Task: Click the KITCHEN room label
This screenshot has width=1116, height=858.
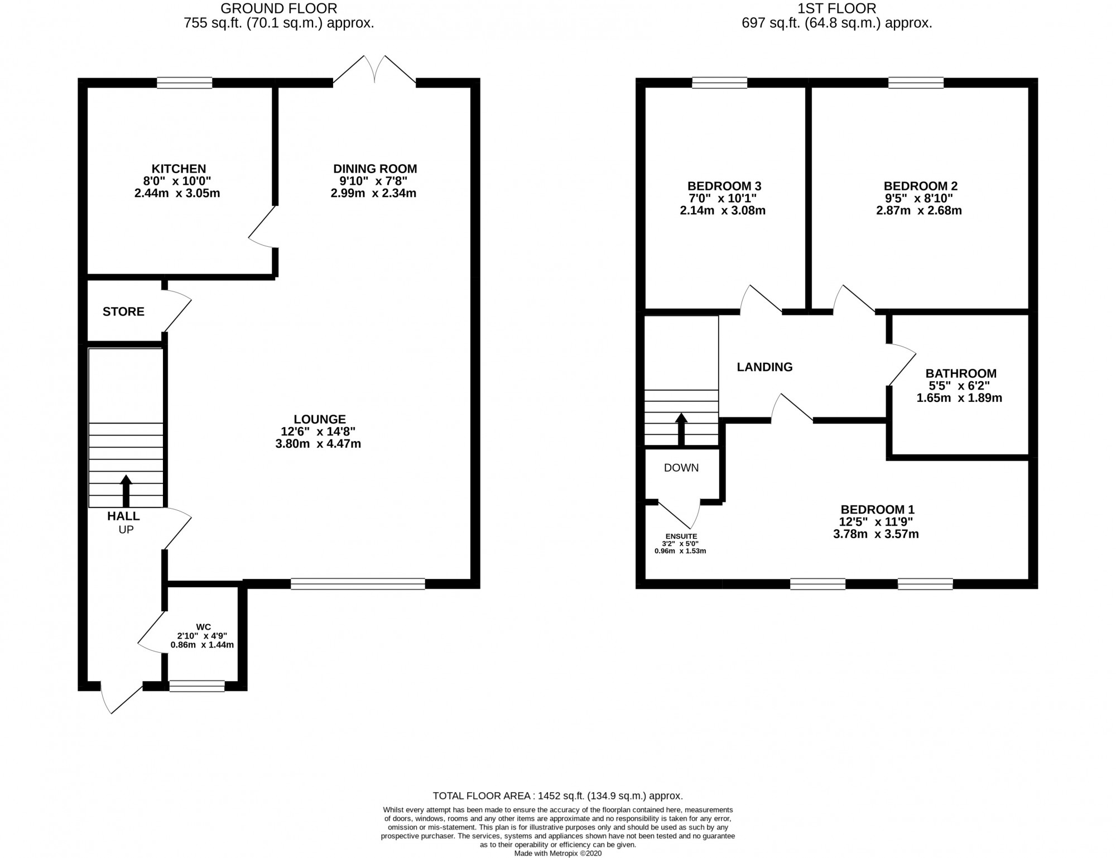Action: coord(179,169)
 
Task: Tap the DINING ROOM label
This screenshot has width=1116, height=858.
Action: coord(375,169)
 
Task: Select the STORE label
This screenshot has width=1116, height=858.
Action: coord(123,311)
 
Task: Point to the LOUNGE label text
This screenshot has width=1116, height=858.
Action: coord(320,419)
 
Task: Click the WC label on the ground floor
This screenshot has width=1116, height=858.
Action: coord(203,626)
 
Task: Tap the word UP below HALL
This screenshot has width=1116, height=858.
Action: coord(126,529)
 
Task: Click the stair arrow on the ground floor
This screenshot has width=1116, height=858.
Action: coord(126,491)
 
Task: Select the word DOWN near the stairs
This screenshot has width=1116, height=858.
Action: coord(681,468)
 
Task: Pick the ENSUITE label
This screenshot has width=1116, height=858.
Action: coord(681,536)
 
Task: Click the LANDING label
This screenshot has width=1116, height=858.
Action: coord(764,367)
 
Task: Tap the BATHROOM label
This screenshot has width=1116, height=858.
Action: coord(961,373)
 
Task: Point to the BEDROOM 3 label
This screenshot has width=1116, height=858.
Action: coord(724,186)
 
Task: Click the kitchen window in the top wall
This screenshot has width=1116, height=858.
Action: coord(185,83)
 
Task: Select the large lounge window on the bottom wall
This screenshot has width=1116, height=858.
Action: coord(358,584)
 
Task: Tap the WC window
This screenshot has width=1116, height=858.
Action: coord(197,686)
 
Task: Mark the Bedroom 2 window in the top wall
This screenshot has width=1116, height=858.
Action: coord(916,83)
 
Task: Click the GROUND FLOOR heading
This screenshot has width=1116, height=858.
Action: coord(279,8)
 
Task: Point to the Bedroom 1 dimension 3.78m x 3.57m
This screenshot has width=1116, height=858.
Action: coord(876,534)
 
